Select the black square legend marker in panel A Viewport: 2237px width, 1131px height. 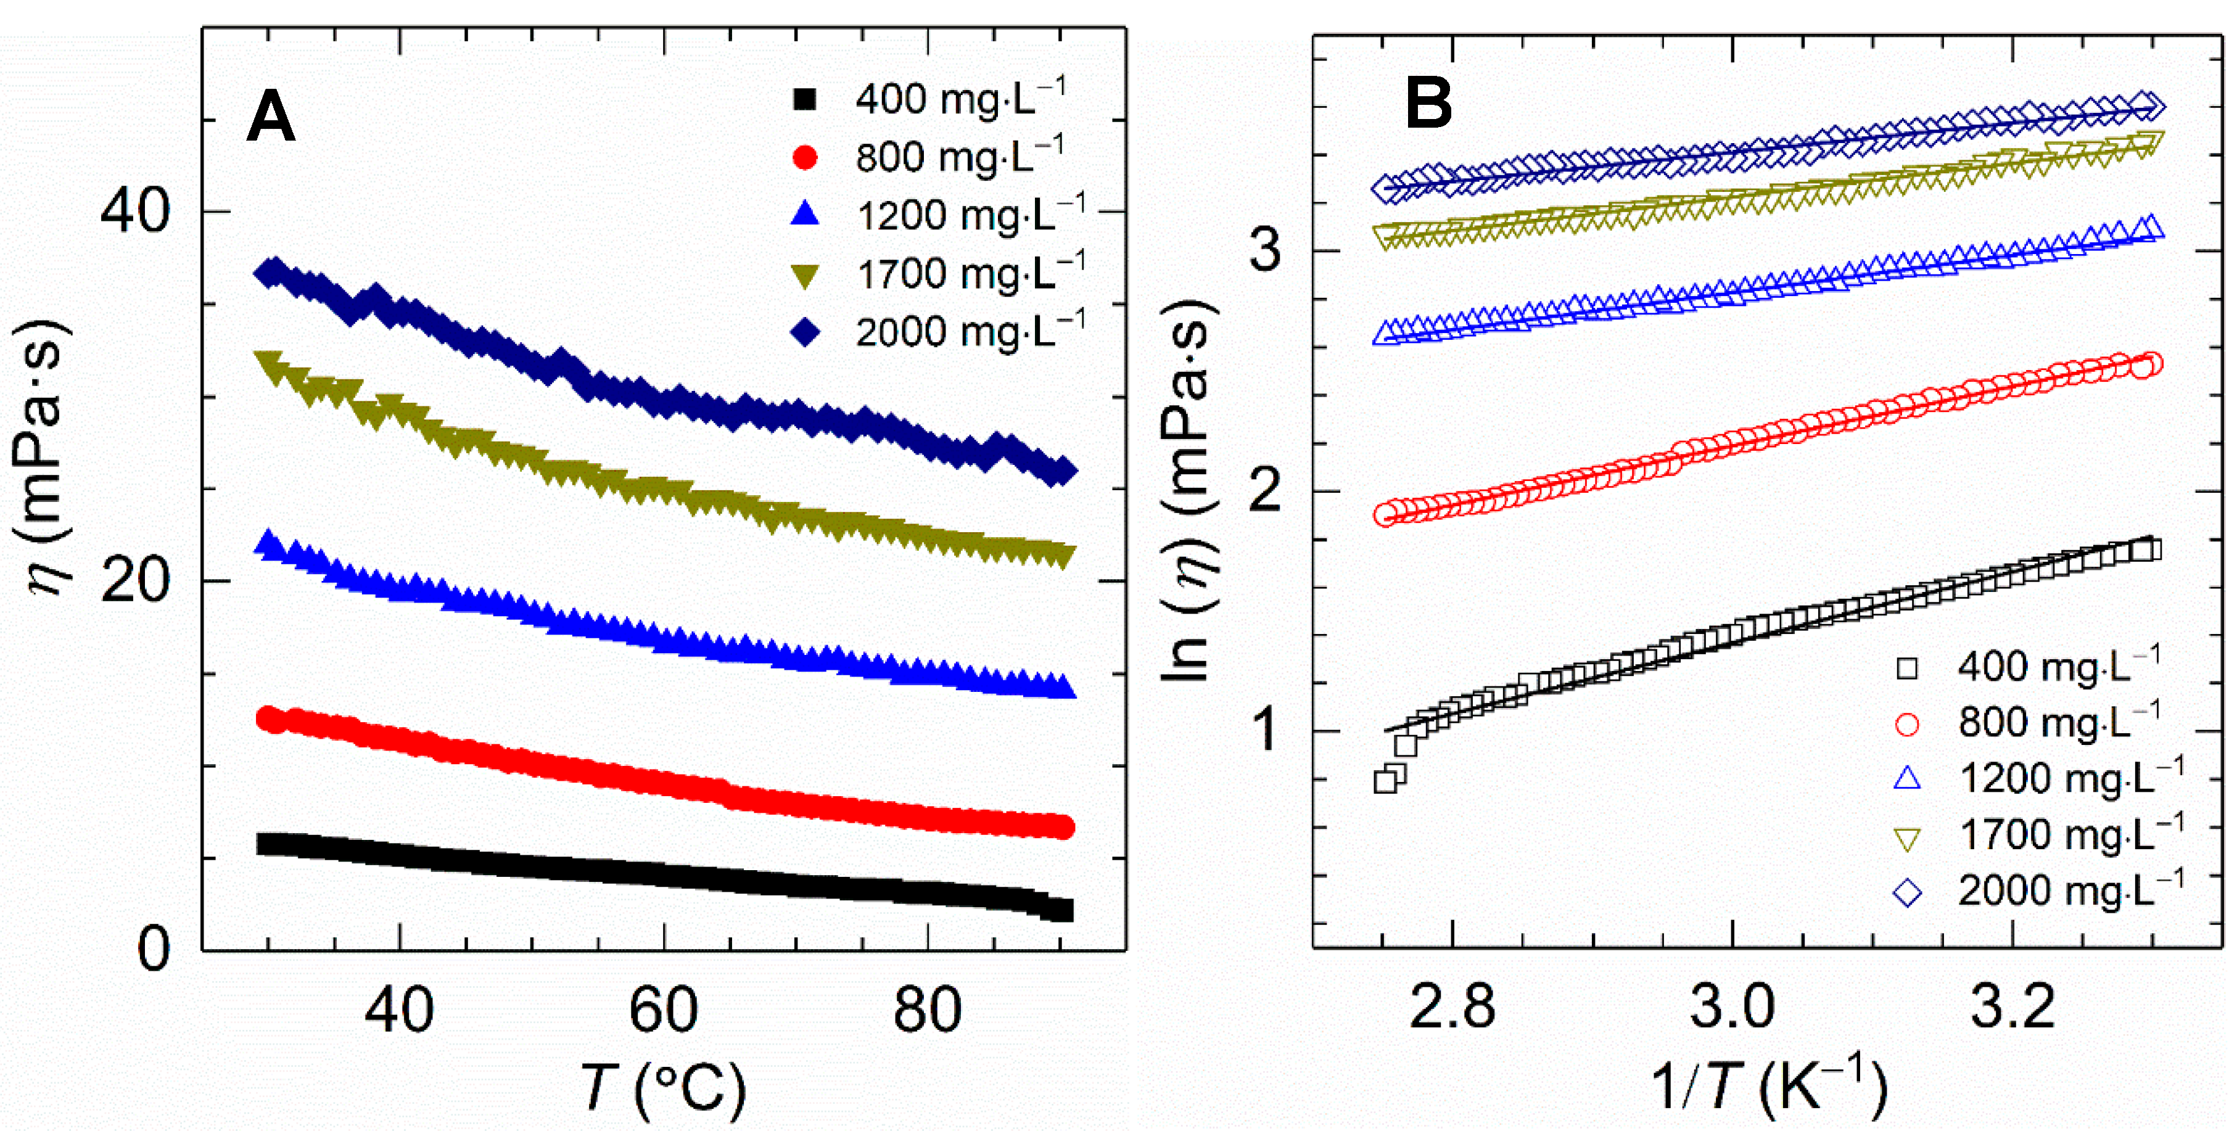click(x=805, y=100)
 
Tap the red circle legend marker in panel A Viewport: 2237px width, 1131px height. click(x=805, y=158)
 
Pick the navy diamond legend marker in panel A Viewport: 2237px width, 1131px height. click(x=805, y=332)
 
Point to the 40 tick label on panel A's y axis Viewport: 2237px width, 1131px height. click(x=134, y=211)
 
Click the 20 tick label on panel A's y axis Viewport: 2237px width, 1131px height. click(x=134, y=581)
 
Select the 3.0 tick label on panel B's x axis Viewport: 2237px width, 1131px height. click(x=1732, y=1007)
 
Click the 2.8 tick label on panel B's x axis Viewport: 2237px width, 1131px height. click(x=1452, y=1007)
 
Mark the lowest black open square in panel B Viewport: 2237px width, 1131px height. click(x=1385, y=781)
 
